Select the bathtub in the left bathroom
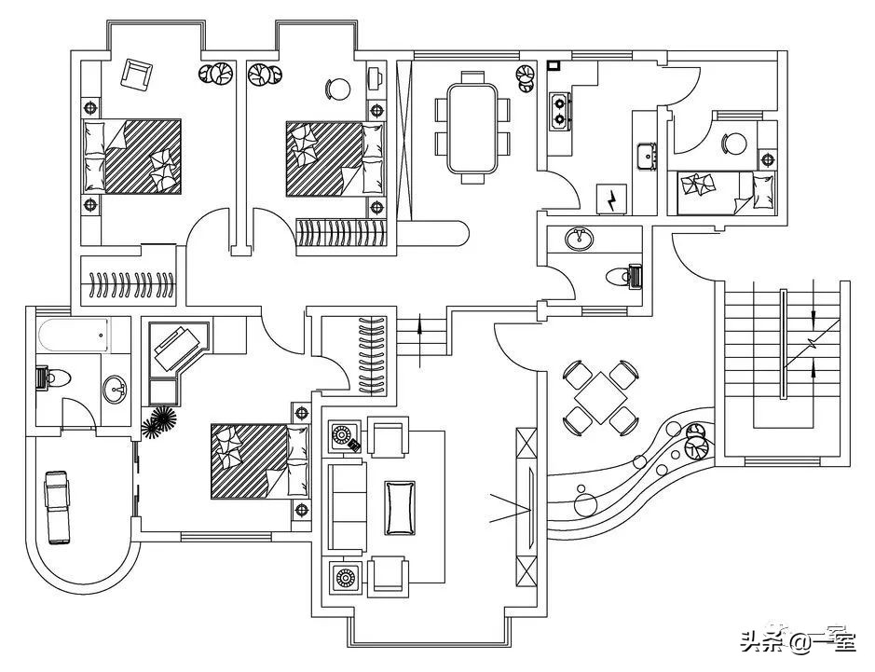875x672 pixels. pyautogui.click(x=74, y=335)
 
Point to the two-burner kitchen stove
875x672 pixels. pyautogui.click(x=560, y=110)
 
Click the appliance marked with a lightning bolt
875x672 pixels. pyautogui.click(x=612, y=199)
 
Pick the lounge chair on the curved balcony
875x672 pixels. pyautogui.click(x=57, y=506)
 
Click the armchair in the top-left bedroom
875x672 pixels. pyautogui.click(x=137, y=73)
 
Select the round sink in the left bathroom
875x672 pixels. pyautogui.click(x=116, y=389)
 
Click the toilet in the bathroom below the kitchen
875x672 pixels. pyautogui.click(x=622, y=277)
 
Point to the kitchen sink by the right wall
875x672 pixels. pyautogui.click(x=646, y=153)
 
